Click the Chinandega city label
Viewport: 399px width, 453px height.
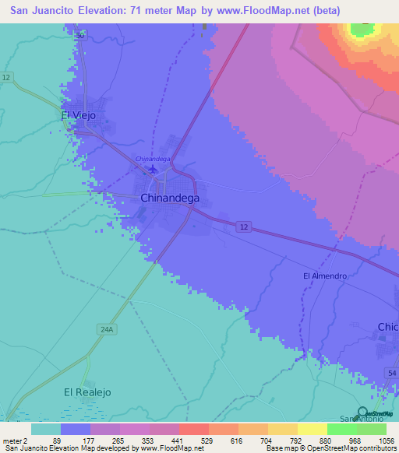click(x=169, y=198)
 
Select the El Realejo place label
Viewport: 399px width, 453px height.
click(x=87, y=392)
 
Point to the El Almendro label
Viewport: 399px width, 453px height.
click(x=324, y=276)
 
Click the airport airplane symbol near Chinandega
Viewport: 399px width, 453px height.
click(x=154, y=168)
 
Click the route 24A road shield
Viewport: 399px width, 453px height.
click(x=108, y=330)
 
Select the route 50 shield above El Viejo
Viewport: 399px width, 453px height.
click(x=79, y=36)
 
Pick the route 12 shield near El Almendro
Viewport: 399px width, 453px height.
click(x=245, y=226)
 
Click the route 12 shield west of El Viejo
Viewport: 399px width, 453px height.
click(x=6, y=78)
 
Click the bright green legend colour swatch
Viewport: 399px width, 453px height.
click(x=342, y=428)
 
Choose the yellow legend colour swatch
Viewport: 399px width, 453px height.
click(x=312, y=428)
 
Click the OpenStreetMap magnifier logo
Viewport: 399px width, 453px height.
click(x=362, y=413)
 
